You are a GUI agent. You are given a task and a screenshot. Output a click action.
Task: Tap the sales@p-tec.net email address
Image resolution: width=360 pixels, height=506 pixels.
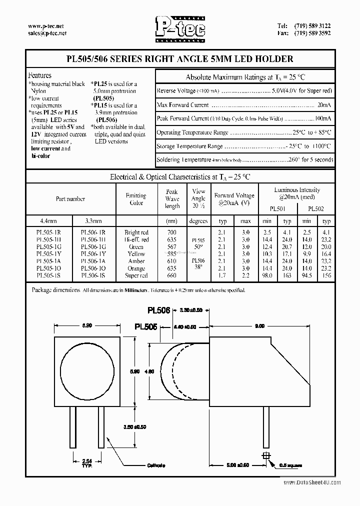(x=47, y=33)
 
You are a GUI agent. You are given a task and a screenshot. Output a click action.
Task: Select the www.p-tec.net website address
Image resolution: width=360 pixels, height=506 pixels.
(x=45, y=25)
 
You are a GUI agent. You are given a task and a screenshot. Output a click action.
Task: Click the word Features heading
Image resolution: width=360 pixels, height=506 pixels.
(x=40, y=75)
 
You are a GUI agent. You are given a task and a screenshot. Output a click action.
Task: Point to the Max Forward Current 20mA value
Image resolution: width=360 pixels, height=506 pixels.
(x=323, y=105)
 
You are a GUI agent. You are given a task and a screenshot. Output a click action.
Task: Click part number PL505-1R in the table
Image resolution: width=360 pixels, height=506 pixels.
(x=48, y=232)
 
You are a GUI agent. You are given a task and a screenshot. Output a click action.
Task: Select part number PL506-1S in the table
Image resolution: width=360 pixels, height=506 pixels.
(x=93, y=275)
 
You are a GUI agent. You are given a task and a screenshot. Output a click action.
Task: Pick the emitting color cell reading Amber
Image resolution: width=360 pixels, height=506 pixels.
(x=136, y=261)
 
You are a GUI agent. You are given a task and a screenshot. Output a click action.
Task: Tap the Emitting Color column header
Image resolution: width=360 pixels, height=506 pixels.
(x=136, y=199)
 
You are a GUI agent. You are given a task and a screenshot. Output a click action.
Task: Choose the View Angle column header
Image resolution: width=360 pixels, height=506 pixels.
(x=198, y=198)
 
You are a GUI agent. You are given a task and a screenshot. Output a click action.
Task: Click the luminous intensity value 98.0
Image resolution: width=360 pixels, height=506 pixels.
(x=266, y=275)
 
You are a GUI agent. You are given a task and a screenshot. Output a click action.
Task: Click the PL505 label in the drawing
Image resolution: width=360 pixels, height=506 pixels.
(x=146, y=326)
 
